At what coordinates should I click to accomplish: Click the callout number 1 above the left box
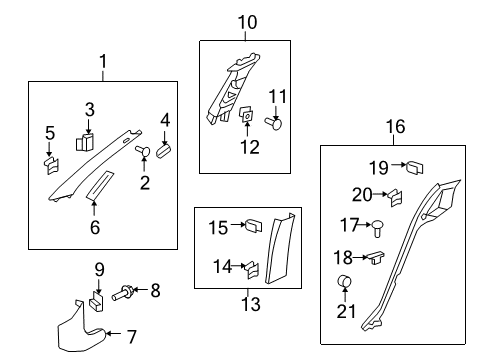coord(103,63)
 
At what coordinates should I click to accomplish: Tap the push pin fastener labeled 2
coord(142,153)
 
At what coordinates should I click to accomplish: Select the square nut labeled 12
coord(247,117)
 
